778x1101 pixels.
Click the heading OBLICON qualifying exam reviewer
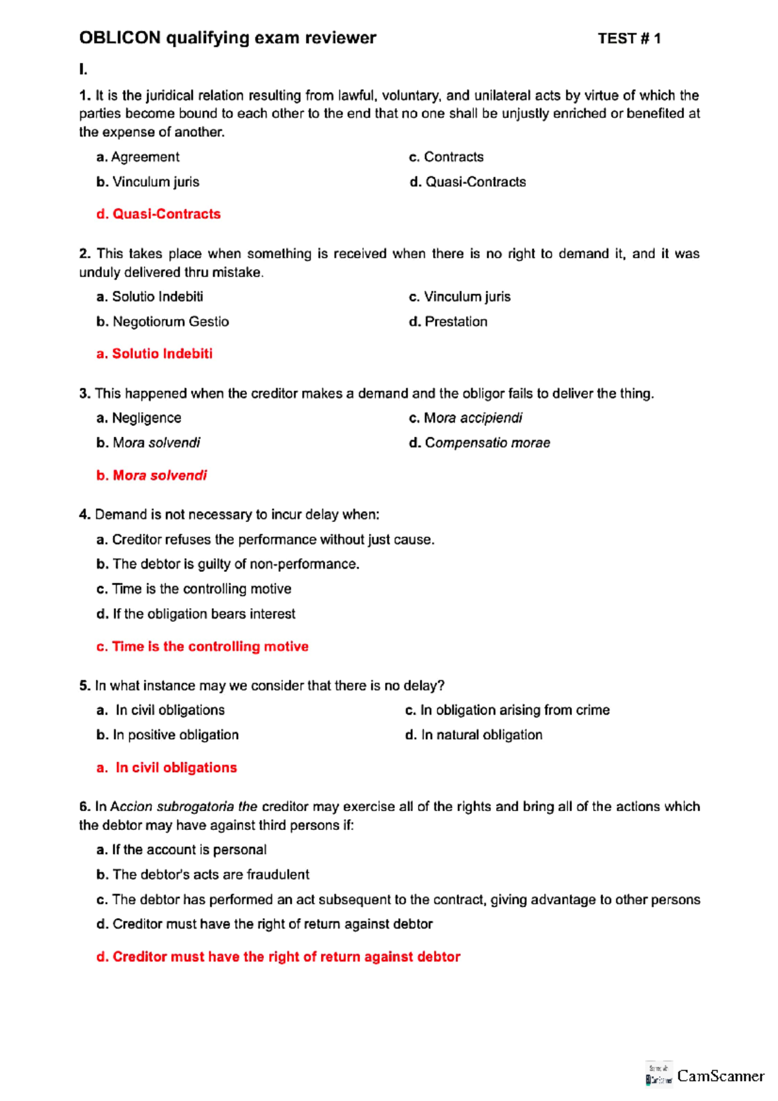[228, 38]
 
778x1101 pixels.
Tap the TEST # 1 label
[629, 39]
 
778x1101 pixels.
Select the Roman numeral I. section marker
[83, 69]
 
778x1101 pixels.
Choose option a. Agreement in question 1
[138, 157]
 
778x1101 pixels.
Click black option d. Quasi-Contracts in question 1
[467, 182]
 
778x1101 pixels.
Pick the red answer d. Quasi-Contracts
[159, 214]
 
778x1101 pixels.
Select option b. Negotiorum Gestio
[163, 322]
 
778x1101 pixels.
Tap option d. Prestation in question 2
[448, 322]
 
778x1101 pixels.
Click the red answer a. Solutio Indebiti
[154, 354]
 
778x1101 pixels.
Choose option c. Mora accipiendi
[466, 418]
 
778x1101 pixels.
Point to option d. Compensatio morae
[480, 443]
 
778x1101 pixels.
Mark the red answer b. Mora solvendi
[152, 475]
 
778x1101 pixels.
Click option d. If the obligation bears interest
[196, 614]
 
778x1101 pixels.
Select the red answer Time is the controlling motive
[202, 646]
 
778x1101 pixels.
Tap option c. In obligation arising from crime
[508, 710]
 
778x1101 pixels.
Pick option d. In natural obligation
[474, 735]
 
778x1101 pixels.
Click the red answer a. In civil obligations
[167, 768]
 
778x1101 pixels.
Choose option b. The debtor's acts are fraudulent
[203, 875]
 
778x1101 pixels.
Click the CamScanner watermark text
[720, 1076]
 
